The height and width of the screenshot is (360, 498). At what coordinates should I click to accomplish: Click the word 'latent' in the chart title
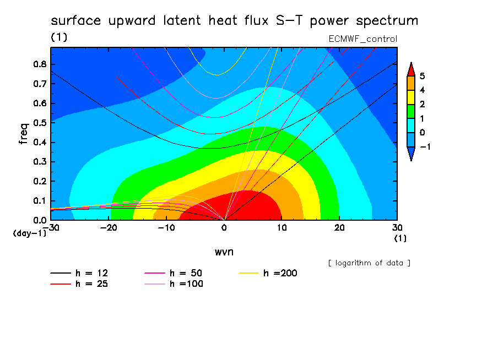[x=182, y=20]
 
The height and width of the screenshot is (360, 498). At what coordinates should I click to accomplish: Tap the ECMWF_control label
[x=362, y=39]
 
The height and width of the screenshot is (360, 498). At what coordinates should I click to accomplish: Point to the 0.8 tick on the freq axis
[x=40, y=64]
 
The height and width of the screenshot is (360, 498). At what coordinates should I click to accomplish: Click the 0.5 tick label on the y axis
[x=40, y=123]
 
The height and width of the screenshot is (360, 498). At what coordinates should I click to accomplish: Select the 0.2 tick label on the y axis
[x=40, y=181]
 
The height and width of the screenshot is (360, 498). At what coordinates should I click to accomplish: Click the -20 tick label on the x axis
[x=109, y=228]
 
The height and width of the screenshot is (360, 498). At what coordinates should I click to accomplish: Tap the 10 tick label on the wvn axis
[x=282, y=228]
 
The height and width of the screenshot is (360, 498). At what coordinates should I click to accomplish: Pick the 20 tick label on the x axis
[x=339, y=228]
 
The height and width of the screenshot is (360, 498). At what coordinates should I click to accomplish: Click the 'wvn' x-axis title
[x=224, y=252]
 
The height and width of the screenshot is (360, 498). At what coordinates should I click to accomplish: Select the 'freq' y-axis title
[x=24, y=134]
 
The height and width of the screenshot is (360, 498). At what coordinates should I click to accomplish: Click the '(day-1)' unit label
[x=30, y=233]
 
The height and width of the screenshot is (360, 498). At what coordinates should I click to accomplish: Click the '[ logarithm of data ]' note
[x=370, y=263]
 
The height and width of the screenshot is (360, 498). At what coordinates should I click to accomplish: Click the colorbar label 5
[x=422, y=76]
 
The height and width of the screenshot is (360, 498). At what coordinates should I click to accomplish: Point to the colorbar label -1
[x=425, y=146]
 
